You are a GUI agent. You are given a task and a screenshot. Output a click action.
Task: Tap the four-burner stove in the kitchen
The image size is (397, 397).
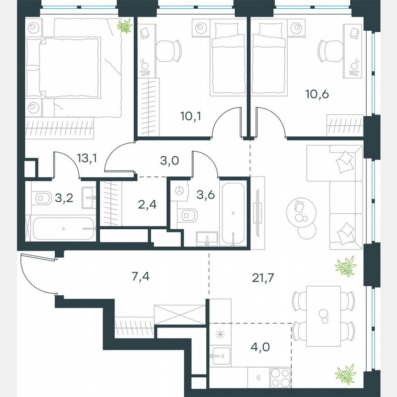pos(280,378)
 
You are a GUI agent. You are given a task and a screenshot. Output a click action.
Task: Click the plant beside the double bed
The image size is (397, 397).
pos(124,26)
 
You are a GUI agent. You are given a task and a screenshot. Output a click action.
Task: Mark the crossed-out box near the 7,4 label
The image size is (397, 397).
pos(180,315)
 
